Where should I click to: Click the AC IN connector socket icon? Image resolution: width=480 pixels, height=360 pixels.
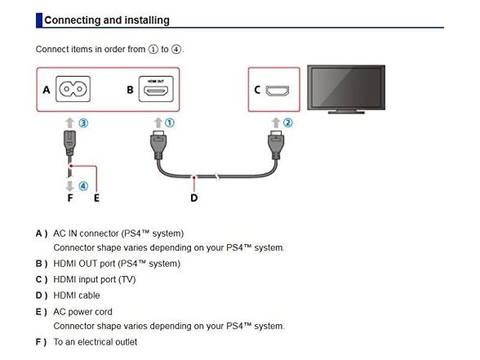(73, 89)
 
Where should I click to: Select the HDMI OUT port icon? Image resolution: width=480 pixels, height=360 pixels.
(156, 89)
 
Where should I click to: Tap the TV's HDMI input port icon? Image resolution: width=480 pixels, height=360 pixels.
(277, 91)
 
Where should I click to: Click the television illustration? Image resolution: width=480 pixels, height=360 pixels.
(346, 89)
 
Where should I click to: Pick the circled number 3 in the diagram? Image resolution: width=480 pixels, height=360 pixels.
(83, 123)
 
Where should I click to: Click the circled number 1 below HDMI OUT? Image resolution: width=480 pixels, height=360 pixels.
(170, 122)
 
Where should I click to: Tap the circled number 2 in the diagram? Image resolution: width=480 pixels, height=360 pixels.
(287, 122)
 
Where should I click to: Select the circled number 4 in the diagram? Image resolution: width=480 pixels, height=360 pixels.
(83, 186)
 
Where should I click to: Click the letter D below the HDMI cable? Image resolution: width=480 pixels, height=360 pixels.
(194, 198)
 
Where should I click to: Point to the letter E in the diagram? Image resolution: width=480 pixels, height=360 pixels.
(96, 198)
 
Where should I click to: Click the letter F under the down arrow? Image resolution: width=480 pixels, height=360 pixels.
(70, 198)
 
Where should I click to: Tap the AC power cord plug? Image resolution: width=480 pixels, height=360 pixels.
(70, 144)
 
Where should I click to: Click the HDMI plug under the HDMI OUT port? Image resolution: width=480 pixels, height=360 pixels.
(158, 144)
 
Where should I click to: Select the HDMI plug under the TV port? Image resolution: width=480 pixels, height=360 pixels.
(276, 144)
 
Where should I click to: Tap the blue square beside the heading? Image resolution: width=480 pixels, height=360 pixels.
(39, 20)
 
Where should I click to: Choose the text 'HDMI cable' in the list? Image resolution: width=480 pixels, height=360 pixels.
(77, 296)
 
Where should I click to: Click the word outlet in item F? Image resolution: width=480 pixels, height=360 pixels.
(125, 342)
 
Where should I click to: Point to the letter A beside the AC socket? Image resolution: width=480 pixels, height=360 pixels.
(47, 90)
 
